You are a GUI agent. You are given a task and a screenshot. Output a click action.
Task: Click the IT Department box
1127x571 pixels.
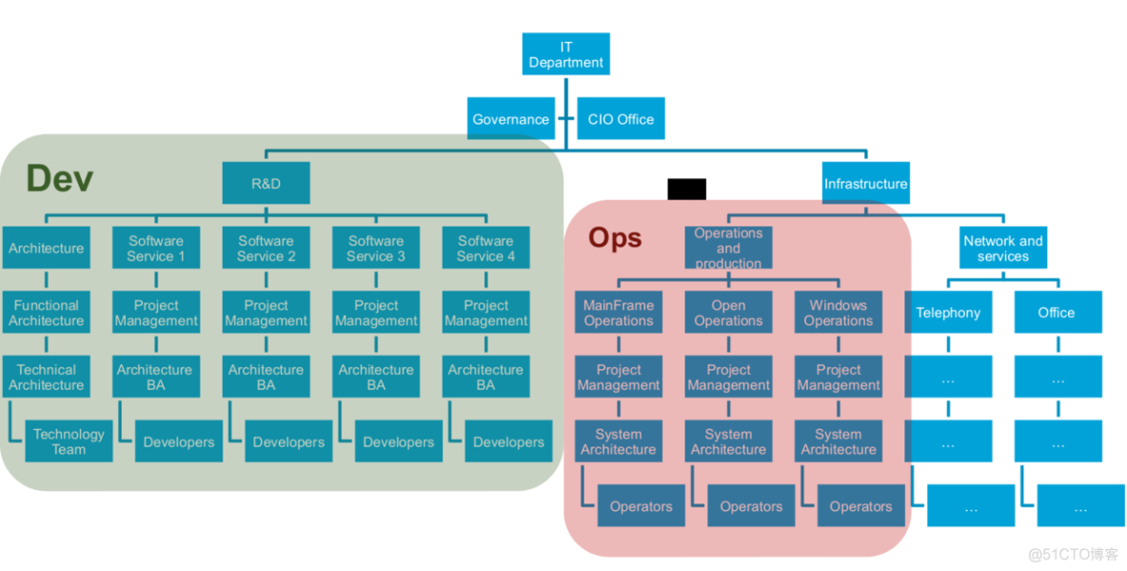pos(565,55)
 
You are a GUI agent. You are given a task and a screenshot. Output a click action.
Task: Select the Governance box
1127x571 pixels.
pos(511,119)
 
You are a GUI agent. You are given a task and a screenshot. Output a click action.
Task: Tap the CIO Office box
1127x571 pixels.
pos(621,119)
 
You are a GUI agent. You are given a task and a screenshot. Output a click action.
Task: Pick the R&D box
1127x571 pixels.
pos(266,183)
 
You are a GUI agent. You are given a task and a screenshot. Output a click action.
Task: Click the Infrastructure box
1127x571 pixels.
pos(865,183)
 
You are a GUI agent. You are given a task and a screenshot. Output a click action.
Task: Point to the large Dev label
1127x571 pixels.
pos(60,178)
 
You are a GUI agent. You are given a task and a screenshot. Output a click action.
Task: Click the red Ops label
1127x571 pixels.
pos(615,237)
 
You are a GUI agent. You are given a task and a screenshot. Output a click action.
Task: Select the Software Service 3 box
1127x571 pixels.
pos(376,248)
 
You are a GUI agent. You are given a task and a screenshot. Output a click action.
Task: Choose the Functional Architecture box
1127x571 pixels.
pos(46,313)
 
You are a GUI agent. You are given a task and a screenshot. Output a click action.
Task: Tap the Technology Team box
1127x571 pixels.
pos(69,442)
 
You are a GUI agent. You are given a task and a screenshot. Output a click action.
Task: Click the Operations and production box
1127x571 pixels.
pos(728,247)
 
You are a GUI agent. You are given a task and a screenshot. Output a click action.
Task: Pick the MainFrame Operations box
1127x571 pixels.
pos(619,313)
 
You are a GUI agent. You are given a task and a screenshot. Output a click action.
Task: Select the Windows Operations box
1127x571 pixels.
pos(838,313)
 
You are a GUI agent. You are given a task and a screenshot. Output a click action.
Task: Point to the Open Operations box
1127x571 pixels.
pos(728,313)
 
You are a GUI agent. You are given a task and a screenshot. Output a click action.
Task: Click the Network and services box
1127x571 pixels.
pos(1002,248)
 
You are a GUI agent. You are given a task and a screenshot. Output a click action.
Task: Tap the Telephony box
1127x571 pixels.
pos(948,313)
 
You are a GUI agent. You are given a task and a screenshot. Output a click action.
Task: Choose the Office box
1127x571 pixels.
pos(1057,313)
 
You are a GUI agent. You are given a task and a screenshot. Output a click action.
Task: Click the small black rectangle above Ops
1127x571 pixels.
pos(686,189)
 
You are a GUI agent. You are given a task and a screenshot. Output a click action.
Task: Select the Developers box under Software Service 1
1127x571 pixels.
pos(178,442)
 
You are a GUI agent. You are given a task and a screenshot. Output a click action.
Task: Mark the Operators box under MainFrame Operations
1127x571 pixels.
pos(641,506)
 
